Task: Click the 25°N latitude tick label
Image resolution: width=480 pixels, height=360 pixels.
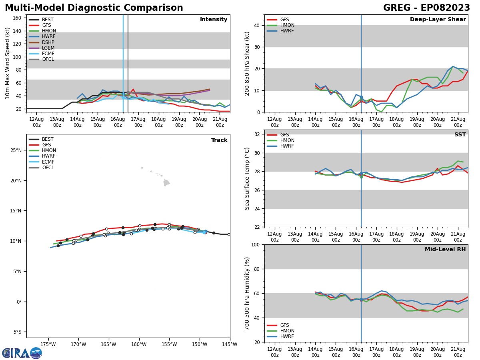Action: (x=16, y=150)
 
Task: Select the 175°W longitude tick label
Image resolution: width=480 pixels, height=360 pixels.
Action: (x=48, y=344)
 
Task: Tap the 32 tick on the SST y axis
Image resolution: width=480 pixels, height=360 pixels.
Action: (x=258, y=134)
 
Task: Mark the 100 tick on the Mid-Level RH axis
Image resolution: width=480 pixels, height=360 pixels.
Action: (x=256, y=245)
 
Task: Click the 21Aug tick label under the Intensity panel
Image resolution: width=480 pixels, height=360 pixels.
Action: (x=220, y=122)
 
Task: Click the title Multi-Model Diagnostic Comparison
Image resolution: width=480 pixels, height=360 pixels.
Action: (x=94, y=8)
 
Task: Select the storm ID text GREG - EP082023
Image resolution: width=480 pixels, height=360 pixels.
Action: (x=426, y=8)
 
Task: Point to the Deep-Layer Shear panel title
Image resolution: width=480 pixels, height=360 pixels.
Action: (x=438, y=20)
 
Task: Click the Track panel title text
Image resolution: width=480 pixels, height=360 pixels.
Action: (x=219, y=140)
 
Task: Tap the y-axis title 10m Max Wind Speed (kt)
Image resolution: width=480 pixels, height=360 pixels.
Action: (x=8, y=63)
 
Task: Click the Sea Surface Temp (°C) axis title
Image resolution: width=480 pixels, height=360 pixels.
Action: (x=247, y=178)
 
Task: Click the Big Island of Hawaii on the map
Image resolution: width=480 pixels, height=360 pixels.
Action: (x=166, y=183)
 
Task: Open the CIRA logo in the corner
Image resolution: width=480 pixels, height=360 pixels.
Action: (x=22, y=353)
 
